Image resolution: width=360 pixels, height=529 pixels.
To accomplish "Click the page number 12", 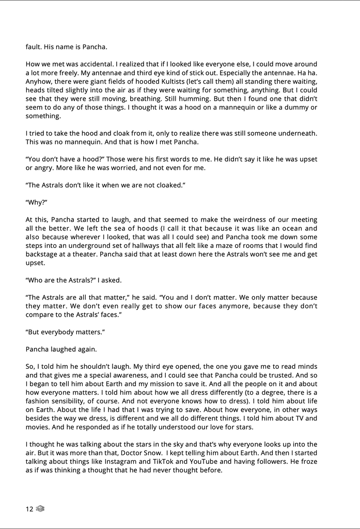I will pyautogui.click(x=29, y=509).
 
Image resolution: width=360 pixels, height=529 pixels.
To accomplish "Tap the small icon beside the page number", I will pyautogui.click(x=41, y=509).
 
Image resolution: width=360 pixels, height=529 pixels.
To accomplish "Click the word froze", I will pyautogui.click(x=308, y=462).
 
